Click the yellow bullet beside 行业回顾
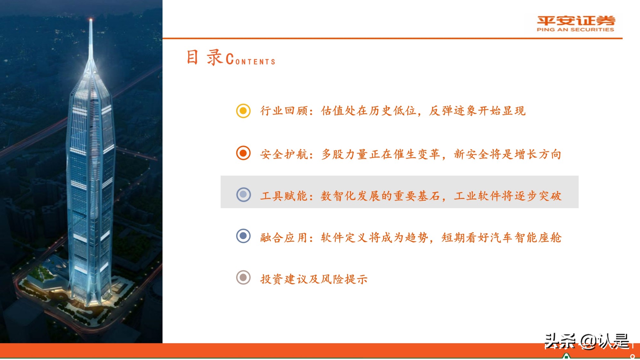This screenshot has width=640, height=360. pos(243,111)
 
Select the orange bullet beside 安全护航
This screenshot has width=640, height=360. pos(243,153)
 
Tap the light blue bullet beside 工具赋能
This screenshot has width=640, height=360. pos(243,195)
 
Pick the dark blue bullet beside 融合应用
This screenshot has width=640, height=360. pos(243,236)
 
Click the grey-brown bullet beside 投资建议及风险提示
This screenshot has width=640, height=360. pos(243,277)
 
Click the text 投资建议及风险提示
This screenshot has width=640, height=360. pos(314,279)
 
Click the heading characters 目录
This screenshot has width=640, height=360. pos(204,58)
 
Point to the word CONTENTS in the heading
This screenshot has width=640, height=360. pos(251,60)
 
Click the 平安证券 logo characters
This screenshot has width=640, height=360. pos(576,20)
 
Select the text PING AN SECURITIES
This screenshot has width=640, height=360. pos(575,30)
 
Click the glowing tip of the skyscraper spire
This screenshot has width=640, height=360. pos(91,20)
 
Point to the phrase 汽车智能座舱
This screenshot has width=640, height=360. pos(525,237)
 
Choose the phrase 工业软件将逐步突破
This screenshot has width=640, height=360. pos(508,196)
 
